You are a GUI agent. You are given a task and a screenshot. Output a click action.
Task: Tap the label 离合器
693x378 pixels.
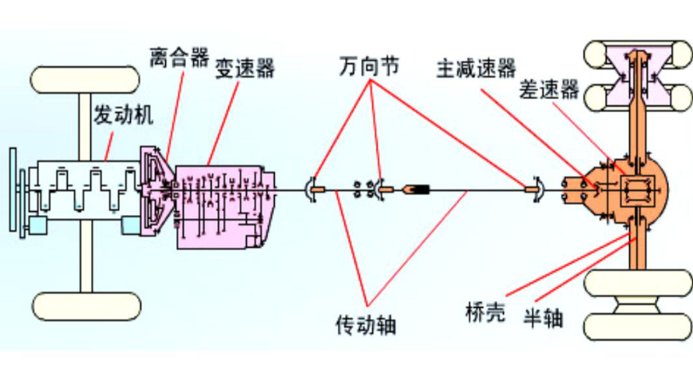coord(179,58)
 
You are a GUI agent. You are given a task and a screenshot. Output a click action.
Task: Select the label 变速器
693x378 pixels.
coord(244,69)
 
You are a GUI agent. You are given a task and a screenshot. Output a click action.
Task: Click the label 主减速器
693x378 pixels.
coord(476,68)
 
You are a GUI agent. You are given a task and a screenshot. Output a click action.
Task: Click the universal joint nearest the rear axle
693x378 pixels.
coord(534,190)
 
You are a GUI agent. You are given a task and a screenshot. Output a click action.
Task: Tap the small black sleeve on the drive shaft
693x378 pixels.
coord(417,190)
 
